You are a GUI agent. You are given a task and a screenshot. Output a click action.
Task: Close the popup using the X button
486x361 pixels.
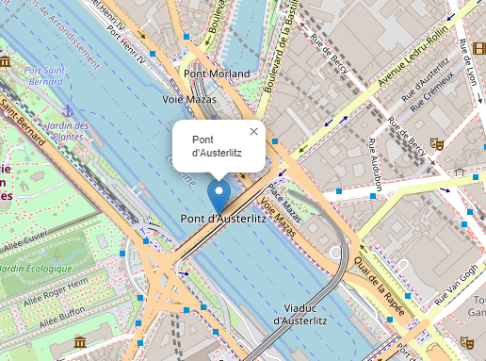(253, 132)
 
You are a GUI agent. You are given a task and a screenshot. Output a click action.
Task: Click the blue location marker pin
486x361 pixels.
(219, 196)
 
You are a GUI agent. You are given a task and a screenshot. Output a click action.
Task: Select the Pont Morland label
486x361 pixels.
(218, 74)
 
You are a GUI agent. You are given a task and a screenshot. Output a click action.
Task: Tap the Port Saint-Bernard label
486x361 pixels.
(45, 76)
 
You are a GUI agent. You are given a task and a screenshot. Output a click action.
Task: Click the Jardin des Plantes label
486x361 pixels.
(67, 132)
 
